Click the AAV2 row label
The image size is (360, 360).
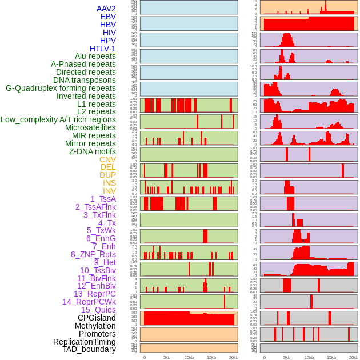pyautogui.click(x=106, y=9)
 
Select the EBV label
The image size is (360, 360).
pyautogui.click(x=108, y=17)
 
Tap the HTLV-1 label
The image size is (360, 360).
pyautogui.click(x=103, y=49)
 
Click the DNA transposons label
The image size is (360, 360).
pyautogui.click(x=85, y=80)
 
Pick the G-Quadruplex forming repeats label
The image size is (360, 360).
pyautogui.click(x=61, y=88)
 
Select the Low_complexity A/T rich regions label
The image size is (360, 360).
pyautogui.click(x=58, y=119)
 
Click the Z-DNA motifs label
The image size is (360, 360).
pyautogui.click(x=93, y=151)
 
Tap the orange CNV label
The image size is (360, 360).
pyautogui.click(x=107, y=159)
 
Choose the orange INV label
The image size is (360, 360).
pyautogui.click(x=109, y=191)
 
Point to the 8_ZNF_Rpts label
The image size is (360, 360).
pyautogui.click(x=93, y=254)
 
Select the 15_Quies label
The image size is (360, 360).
pyautogui.click(x=98, y=310)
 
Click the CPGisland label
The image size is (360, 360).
pyautogui.click(x=97, y=318)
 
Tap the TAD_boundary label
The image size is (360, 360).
pyautogui.click(x=89, y=349)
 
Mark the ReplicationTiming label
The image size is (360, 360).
pyautogui.click(x=85, y=342)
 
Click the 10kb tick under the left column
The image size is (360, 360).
pyautogui.click(x=189, y=357)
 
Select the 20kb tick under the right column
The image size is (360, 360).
pyautogui.click(x=353, y=357)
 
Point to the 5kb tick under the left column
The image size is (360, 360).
pyautogui.click(x=167, y=357)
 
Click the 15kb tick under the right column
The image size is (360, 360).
pyautogui.click(x=331, y=357)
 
